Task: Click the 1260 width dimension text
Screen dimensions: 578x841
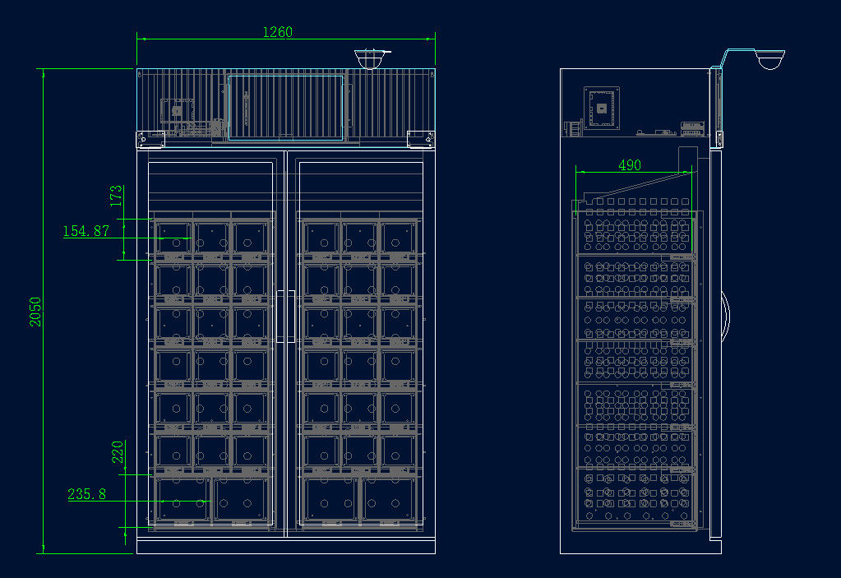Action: click(277, 32)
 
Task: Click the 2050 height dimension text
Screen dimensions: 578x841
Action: click(35, 312)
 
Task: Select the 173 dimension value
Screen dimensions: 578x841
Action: click(116, 195)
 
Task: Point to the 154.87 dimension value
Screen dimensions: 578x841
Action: click(86, 232)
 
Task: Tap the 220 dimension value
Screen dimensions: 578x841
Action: click(118, 451)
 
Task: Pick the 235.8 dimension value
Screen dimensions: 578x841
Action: click(86, 495)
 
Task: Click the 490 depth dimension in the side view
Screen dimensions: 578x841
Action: click(629, 165)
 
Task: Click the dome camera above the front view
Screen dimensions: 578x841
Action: click(371, 58)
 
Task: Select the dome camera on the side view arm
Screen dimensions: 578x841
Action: click(770, 60)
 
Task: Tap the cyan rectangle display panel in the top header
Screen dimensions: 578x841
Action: click(285, 108)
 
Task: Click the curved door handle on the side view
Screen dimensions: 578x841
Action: click(725, 316)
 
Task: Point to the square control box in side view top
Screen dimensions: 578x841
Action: click(601, 108)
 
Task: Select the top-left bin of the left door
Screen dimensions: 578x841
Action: click(173, 238)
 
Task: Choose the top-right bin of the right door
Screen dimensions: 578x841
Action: click(397, 238)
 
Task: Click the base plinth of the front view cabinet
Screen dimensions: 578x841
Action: click(285, 546)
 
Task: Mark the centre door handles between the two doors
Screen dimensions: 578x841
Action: click(285, 316)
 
